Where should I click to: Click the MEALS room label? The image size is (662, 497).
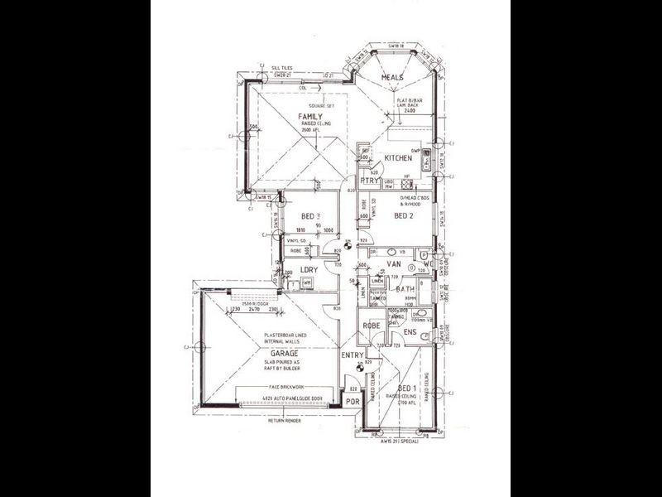(391, 77)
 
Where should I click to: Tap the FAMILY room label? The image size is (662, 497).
(310, 117)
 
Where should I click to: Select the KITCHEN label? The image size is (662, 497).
(398, 157)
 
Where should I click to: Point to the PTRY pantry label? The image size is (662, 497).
(368, 181)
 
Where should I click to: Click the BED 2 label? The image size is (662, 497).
(403, 215)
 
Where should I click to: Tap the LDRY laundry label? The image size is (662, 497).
(309, 270)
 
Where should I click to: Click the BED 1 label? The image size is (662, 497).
(407, 388)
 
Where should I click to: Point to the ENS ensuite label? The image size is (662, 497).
(410, 332)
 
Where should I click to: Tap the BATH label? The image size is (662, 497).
(405, 289)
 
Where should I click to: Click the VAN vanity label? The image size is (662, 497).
(394, 264)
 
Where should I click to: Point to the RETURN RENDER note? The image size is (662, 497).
(285, 421)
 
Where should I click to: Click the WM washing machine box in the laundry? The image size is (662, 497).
(306, 283)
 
